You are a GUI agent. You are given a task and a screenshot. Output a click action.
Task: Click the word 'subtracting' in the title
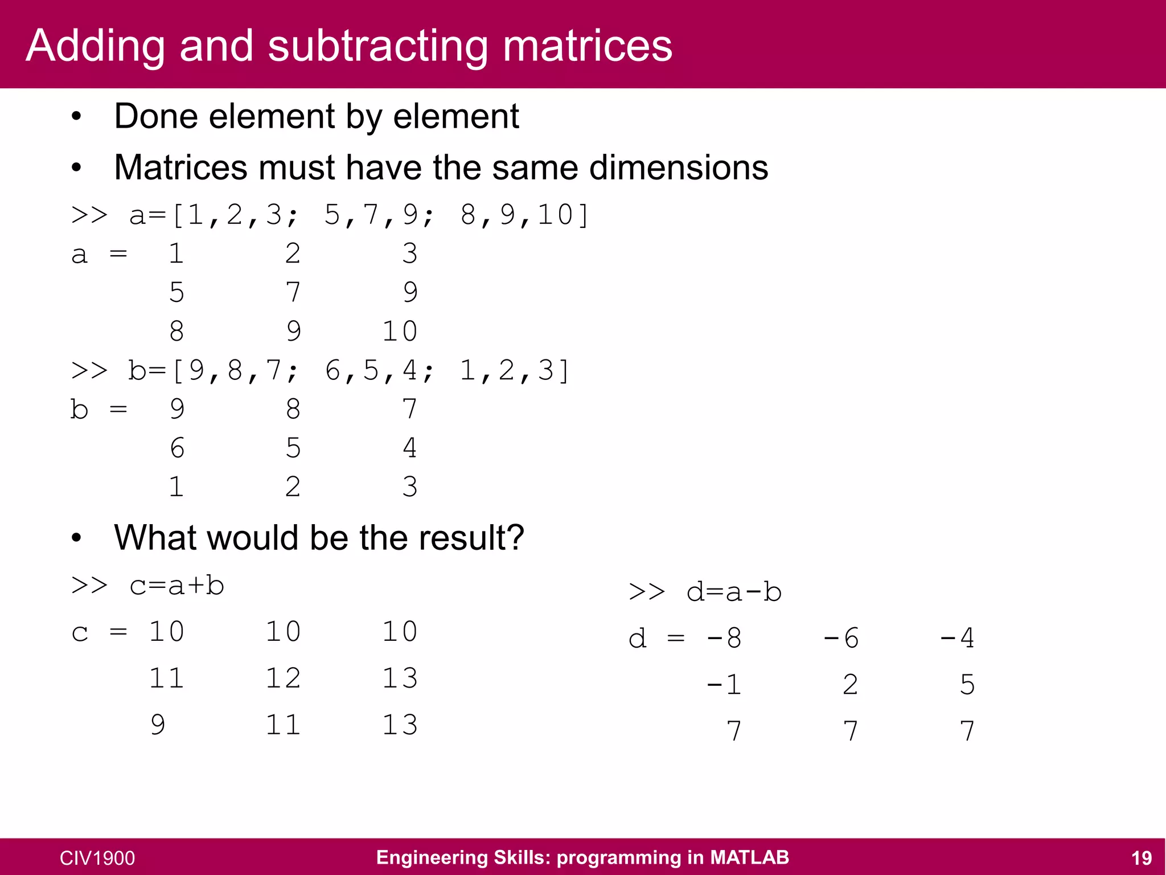[377, 47]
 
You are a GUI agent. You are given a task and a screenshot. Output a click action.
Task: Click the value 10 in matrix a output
[400, 332]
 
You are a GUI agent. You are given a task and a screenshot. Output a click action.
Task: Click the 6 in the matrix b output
[177, 448]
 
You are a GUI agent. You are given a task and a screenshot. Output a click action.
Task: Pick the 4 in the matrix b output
[409, 448]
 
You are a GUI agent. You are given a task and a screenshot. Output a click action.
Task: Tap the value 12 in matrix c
[283, 678]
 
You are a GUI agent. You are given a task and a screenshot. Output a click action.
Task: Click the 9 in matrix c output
[158, 725]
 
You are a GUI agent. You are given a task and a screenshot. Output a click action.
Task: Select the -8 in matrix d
[724, 639]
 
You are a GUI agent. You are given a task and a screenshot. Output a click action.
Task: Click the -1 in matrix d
[724, 685]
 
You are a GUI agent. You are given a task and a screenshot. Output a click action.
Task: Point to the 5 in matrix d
[967, 685]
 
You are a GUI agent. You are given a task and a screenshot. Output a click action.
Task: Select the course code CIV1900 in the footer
[97, 858]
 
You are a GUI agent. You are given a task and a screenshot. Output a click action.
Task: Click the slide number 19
[1141, 858]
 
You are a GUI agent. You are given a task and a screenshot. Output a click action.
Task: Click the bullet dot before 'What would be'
[77, 538]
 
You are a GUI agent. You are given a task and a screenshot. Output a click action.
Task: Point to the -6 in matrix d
[841, 639]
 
